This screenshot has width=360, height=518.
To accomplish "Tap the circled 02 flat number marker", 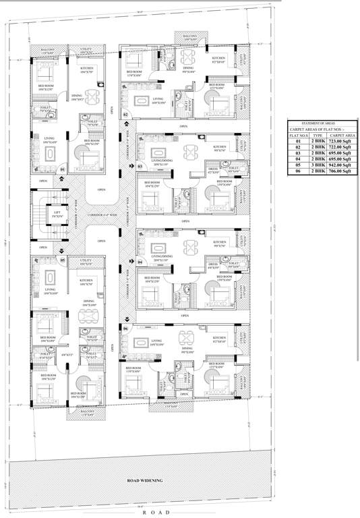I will point(126,115).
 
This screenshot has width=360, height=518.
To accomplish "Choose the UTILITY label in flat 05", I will point(86,260).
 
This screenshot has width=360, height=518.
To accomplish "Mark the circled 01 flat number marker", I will point(62,169).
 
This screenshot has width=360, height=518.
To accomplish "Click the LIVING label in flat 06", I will point(156,341).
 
